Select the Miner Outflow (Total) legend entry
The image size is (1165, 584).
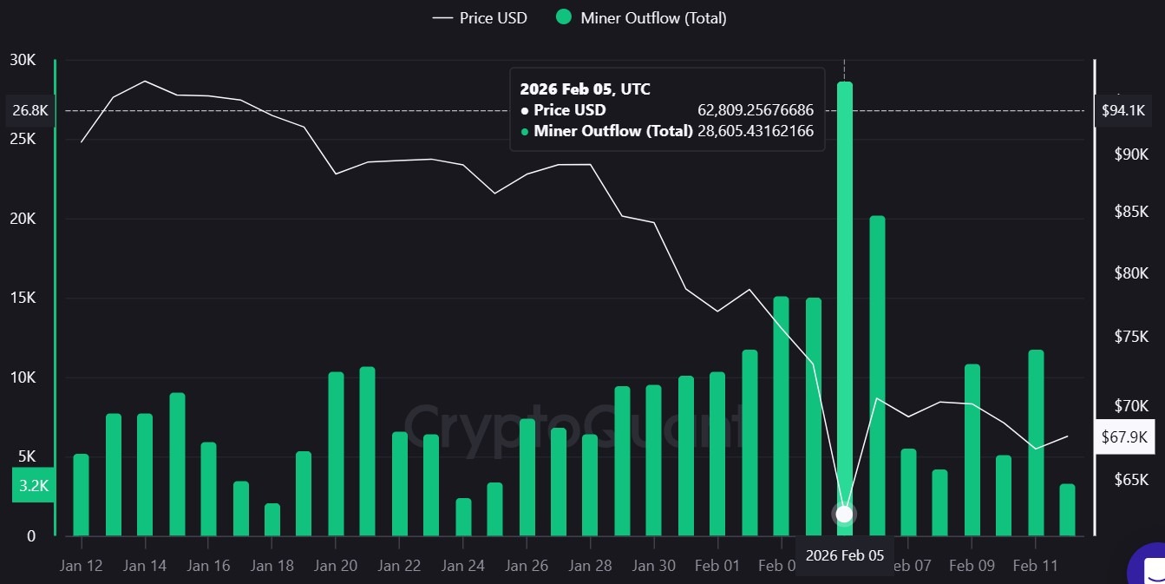(641, 17)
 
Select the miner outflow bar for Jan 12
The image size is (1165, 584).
(81, 494)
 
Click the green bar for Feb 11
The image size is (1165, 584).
(1036, 442)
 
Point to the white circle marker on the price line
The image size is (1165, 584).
(844, 514)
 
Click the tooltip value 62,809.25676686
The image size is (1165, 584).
(755, 110)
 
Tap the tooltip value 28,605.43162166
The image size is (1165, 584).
(755, 131)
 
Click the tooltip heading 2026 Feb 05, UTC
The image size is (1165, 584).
(585, 89)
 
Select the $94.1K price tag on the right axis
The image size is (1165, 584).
(1123, 110)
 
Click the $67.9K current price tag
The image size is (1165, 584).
(1123, 437)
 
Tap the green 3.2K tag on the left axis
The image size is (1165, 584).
(33, 486)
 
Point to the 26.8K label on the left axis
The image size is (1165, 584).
(31, 110)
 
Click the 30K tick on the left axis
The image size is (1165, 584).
(23, 60)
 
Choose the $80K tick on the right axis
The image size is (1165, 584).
(1131, 274)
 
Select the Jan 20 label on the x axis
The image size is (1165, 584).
(336, 566)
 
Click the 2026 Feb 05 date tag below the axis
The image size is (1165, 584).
(844, 555)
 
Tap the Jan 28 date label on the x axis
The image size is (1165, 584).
(590, 566)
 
